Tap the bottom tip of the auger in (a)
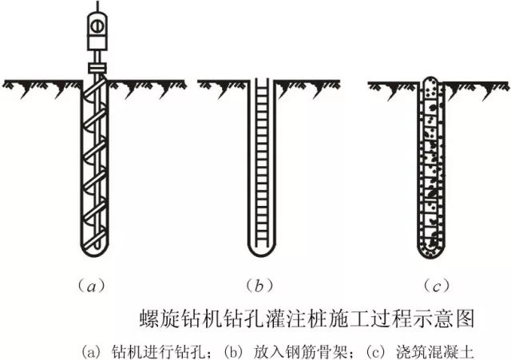point(95,255)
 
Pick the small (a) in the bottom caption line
point(93,349)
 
